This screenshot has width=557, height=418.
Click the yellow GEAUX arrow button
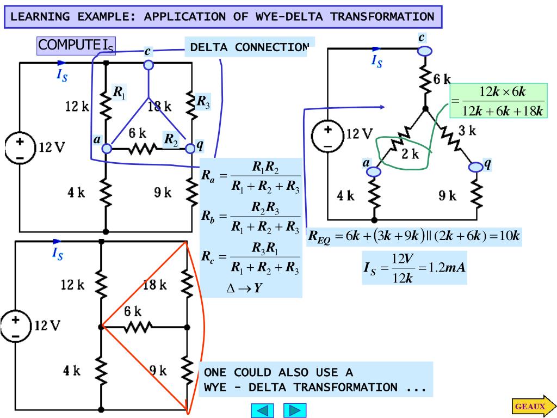(533, 406)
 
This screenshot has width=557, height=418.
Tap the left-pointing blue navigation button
(262, 410)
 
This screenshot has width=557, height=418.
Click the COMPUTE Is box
(76, 46)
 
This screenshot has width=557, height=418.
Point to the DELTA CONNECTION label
(249, 48)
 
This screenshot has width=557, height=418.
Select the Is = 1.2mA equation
(414, 268)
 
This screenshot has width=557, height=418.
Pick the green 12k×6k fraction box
(498, 101)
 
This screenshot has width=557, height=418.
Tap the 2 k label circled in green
(411, 154)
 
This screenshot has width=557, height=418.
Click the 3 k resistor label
(466, 131)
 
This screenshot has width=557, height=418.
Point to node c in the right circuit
(424, 50)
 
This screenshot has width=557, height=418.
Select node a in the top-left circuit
(107, 148)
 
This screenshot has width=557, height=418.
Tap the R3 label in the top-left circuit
(203, 101)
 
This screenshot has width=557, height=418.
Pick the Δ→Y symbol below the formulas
(244, 288)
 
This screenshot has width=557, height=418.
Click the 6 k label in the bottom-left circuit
(132, 312)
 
